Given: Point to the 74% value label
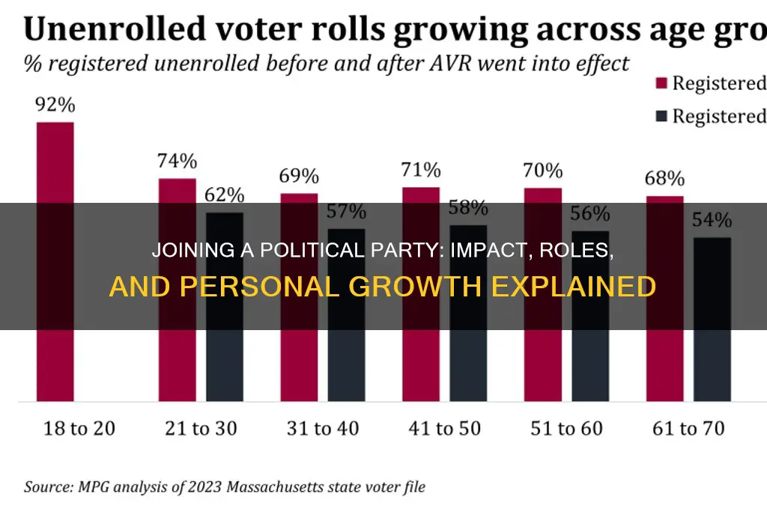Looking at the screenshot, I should (x=177, y=161).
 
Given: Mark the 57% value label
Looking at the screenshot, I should (x=346, y=212).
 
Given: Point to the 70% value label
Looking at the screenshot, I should (x=542, y=171).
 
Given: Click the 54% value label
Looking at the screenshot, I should (x=712, y=221).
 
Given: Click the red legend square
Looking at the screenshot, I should (x=661, y=83).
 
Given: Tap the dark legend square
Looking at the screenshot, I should (x=661, y=116).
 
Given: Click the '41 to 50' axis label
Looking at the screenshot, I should (x=444, y=428).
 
